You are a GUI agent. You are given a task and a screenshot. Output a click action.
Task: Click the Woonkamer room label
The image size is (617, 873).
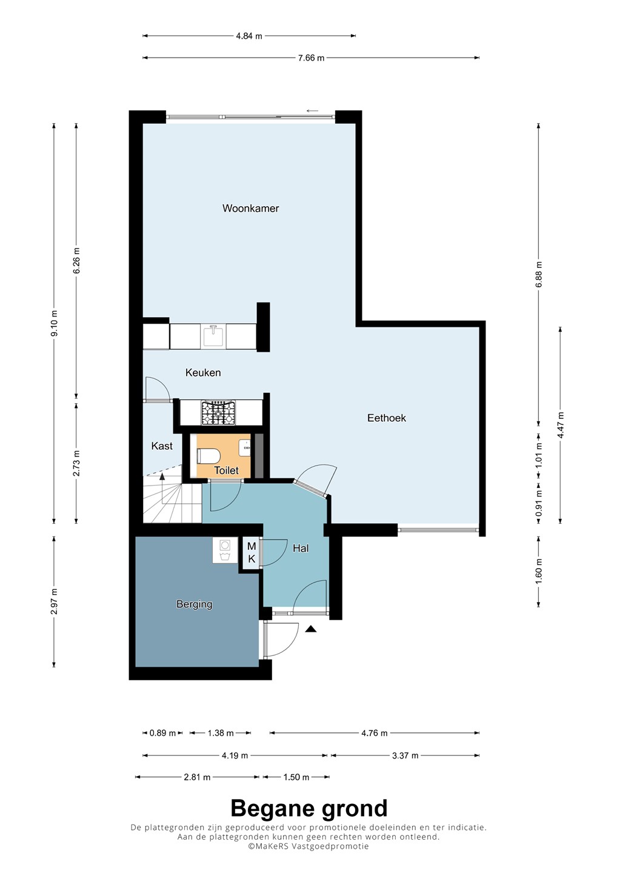click(x=250, y=209)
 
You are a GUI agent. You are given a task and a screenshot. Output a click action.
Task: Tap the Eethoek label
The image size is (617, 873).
click(x=387, y=418)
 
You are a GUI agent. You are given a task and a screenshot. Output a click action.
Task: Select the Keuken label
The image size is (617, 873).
click(x=203, y=373)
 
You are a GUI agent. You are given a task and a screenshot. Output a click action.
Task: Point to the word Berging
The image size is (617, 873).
click(x=195, y=604)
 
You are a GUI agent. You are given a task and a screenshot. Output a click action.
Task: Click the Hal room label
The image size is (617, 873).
click(x=301, y=548)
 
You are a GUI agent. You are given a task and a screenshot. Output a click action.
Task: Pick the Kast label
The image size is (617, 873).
click(x=162, y=446)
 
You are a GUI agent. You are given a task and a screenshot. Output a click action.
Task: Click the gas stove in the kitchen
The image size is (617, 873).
click(x=218, y=413)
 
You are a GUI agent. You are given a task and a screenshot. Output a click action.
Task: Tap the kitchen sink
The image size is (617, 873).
click(x=213, y=336)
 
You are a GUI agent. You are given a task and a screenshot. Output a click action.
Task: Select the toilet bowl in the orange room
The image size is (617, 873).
click(x=209, y=456)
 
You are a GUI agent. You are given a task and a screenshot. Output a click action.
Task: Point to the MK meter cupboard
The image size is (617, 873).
click(x=252, y=553)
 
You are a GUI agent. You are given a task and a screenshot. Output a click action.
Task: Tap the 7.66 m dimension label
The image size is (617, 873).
click(x=311, y=58)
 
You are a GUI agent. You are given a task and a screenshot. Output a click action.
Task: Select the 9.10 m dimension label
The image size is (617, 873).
click(x=54, y=324)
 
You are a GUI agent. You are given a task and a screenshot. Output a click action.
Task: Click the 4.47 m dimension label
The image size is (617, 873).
click(x=561, y=425)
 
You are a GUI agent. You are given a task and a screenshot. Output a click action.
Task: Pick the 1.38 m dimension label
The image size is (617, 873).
click(x=221, y=733)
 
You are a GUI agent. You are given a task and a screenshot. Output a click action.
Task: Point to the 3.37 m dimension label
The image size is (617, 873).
click(x=405, y=755)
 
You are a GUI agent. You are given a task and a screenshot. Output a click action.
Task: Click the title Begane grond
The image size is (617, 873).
click(x=309, y=808)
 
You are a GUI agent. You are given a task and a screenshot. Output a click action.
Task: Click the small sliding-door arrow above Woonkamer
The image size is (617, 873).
click(x=312, y=111)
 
